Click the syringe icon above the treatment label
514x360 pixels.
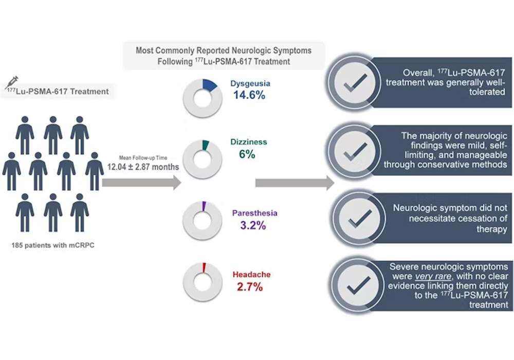[x=12, y=82]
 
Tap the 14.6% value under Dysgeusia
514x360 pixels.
[x=249, y=95]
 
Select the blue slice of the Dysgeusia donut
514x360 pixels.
[x=209, y=85]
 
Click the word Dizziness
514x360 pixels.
[x=248, y=142]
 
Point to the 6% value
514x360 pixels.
[x=247, y=154]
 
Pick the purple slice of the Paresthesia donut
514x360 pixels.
[x=204, y=207]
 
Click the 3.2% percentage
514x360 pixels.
[x=253, y=226]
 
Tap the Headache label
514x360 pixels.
[x=252, y=275]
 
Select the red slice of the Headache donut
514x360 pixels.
[x=204, y=268]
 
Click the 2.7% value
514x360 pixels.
[x=250, y=287]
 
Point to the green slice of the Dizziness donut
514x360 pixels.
[x=206, y=145]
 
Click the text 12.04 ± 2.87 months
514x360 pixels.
[x=143, y=167]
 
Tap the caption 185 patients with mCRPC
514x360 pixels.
[x=53, y=245]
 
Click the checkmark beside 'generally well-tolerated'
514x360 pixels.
[x=355, y=83]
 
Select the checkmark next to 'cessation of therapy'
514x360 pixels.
[x=360, y=219]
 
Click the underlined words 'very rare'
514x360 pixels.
[x=433, y=276]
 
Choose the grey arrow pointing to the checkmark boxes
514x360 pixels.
[x=295, y=183]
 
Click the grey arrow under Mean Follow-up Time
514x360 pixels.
[x=142, y=183]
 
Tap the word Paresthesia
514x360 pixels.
[x=255, y=213]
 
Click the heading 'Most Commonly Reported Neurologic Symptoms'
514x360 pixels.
[x=224, y=50]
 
